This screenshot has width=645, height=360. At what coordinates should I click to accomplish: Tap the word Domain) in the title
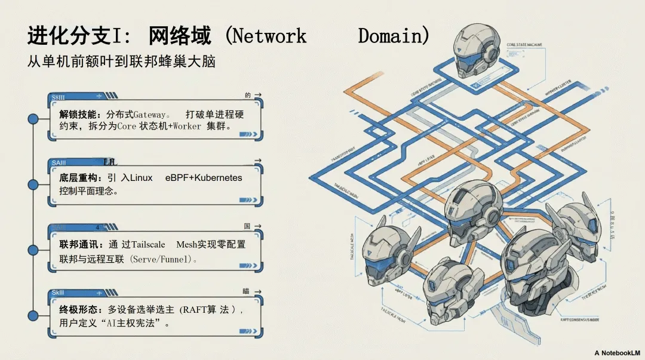394,36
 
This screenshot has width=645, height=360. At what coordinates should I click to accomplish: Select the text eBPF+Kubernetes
204,178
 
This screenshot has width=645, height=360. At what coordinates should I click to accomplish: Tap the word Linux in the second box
142,178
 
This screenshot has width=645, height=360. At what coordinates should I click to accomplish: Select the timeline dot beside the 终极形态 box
33,315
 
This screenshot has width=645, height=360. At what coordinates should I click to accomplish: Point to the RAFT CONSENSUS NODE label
579,320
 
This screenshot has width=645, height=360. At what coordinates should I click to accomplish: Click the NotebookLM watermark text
618,353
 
